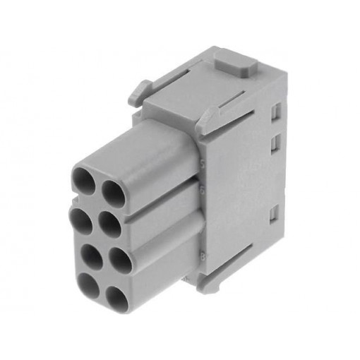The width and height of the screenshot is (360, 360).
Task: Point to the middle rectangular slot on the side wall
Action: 273,145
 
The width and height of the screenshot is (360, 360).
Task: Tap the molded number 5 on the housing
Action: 202,162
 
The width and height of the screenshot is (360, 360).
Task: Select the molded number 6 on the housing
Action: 202,191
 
